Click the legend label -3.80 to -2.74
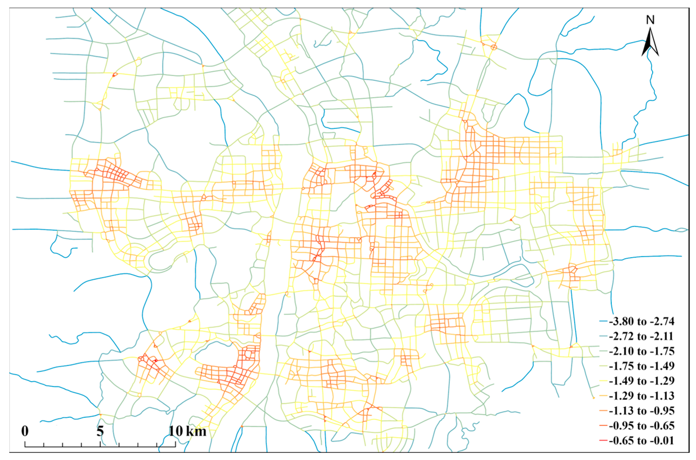pyautogui.click(x=642, y=322)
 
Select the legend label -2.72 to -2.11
pyautogui.click(x=642, y=337)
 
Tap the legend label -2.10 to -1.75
pyautogui.click(x=642, y=351)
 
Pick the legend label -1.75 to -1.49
pyautogui.click(x=642, y=366)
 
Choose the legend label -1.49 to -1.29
pyautogui.click(x=642, y=381)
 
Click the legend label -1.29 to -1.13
pyautogui.click(x=642, y=396)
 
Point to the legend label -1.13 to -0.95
pyautogui.click(x=642, y=411)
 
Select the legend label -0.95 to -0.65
pyautogui.click(x=642, y=426)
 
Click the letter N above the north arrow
pyautogui.click(x=650, y=20)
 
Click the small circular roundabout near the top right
pyautogui.click(x=494, y=47)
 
